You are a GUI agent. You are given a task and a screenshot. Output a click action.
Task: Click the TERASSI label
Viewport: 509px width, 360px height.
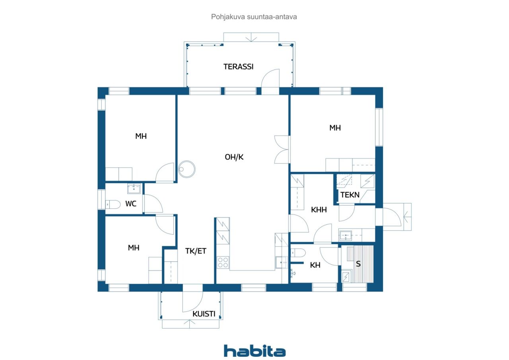click(x=238, y=66)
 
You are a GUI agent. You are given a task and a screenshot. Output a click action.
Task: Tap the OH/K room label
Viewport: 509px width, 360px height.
click(x=234, y=157)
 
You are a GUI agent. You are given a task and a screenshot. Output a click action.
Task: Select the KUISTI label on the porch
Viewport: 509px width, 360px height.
click(x=204, y=314)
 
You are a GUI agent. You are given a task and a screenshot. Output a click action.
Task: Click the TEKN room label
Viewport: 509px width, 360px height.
click(x=350, y=195)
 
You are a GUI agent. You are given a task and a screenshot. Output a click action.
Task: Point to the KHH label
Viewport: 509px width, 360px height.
click(x=319, y=210)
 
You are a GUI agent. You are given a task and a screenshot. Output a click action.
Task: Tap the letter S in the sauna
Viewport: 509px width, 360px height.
click(x=358, y=264)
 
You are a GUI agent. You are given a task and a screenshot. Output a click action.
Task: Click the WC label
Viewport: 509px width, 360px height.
click(x=131, y=204)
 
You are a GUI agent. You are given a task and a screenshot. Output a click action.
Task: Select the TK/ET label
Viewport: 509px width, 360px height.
click(x=196, y=251)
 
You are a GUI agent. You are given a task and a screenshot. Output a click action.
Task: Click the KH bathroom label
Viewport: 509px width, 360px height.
click(x=315, y=265)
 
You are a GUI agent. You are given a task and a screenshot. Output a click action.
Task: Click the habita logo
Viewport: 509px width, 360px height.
click(x=255, y=351)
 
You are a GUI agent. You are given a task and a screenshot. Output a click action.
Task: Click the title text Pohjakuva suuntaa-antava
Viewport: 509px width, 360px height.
click(x=254, y=17)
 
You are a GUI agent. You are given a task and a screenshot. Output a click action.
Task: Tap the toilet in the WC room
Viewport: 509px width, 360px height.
click(x=113, y=204)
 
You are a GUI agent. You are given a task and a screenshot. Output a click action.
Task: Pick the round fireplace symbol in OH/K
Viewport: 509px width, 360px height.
click(x=187, y=169)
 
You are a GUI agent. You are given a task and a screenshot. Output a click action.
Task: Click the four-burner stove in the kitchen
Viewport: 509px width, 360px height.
click(x=223, y=263)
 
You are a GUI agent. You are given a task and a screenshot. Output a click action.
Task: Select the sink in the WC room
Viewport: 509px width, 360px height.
click(x=134, y=189)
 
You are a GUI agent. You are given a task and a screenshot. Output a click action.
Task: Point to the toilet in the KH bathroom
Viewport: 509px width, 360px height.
click(x=298, y=253)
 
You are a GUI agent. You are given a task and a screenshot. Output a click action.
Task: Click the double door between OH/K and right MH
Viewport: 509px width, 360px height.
click(x=282, y=150)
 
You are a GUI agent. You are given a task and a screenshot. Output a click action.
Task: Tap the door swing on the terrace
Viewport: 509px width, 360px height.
click(x=270, y=78)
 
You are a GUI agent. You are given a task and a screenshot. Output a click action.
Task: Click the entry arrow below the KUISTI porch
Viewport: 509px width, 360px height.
click(x=190, y=324)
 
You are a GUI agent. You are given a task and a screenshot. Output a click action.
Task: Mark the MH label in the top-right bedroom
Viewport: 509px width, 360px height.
click(x=335, y=128)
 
